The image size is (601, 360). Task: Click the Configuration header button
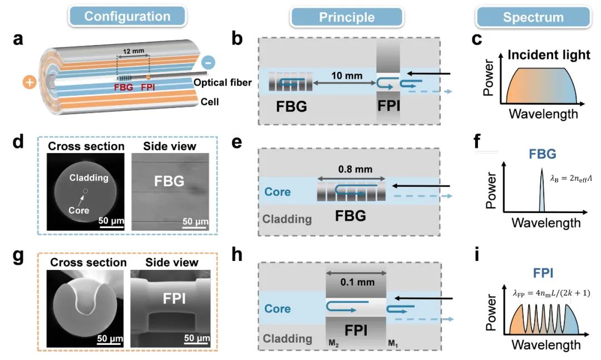127,17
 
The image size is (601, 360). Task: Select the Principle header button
347,17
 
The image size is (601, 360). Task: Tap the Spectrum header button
534,17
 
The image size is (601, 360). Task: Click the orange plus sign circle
29,82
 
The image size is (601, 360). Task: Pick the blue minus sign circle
208,62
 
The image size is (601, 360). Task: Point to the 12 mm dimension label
134,51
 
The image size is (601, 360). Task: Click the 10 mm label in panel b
347,76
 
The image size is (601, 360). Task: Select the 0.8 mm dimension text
355,169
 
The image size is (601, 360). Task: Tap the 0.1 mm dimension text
358,282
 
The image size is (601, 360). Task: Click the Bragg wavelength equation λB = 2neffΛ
571,178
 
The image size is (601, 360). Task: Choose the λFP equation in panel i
551,293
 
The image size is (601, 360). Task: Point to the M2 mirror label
333,343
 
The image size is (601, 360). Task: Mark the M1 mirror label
393,343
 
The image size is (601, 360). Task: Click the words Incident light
549,55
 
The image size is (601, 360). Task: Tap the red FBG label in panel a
124,87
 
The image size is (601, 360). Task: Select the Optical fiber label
222,82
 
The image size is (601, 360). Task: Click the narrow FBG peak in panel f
541,190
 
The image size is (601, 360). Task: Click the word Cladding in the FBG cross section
89,177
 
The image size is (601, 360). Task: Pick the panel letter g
18,256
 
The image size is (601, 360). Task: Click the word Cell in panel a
210,102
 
